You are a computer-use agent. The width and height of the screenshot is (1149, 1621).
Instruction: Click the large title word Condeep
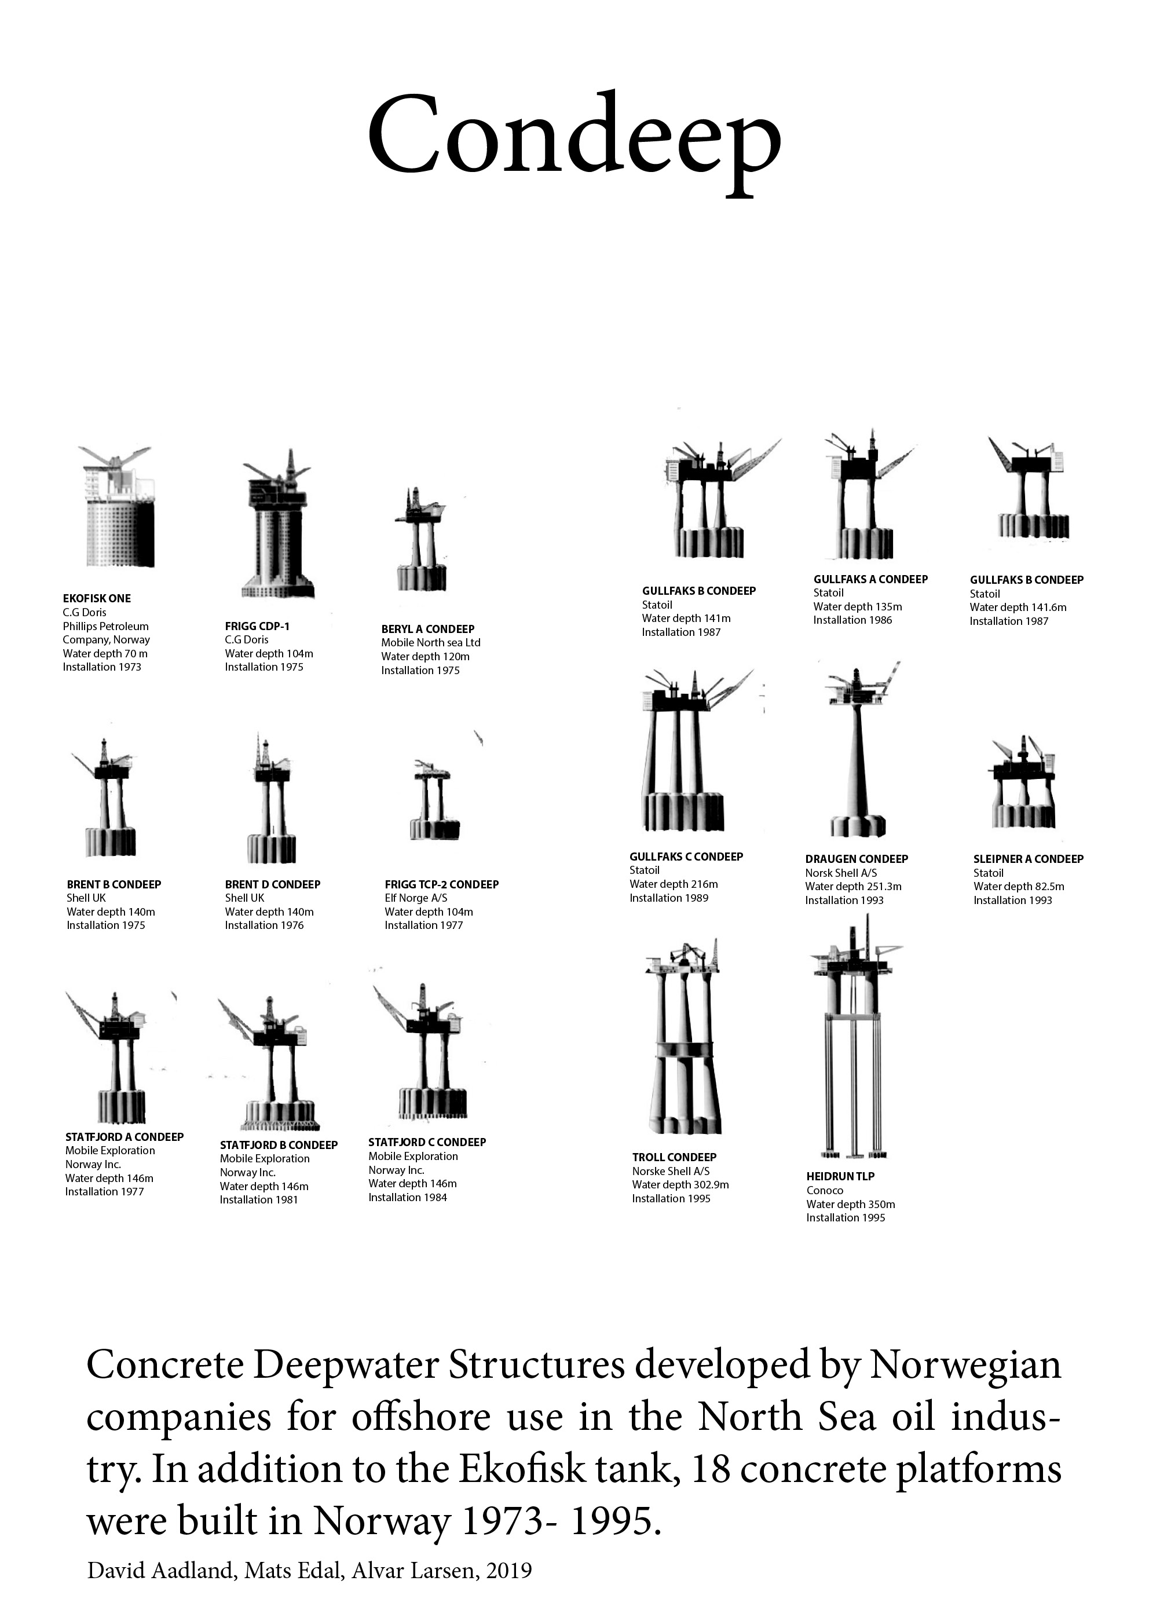click(574, 138)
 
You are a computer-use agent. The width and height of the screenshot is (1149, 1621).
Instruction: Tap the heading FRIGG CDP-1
click(257, 626)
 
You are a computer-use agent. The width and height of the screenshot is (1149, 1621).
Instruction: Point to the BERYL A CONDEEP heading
click(427, 629)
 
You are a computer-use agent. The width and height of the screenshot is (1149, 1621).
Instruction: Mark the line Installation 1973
click(102, 667)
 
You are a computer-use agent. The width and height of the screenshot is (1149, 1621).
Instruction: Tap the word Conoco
click(824, 1190)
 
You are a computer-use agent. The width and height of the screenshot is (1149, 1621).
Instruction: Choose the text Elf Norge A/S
click(416, 898)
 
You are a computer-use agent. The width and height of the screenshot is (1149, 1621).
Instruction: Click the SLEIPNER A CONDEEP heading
click(1028, 859)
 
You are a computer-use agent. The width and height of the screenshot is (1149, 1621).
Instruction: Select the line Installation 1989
click(668, 898)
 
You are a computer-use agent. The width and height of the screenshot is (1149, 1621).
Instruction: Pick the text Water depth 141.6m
click(1018, 607)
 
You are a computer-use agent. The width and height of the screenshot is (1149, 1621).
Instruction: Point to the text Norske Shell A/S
click(671, 1171)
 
